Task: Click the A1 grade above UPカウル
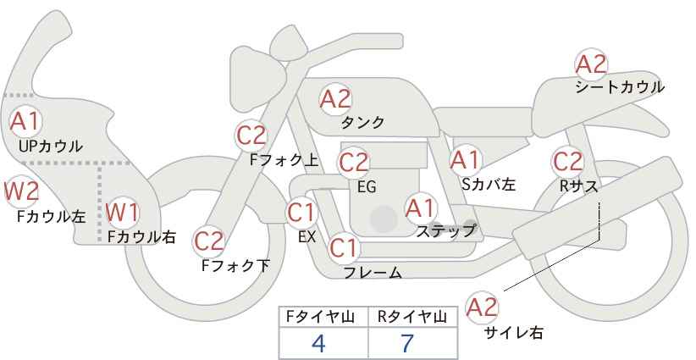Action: tap(25, 120)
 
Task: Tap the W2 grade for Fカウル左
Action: tap(21, 191)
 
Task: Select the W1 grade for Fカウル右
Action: tap(123, 212)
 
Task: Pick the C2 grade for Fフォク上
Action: tap(251, 135)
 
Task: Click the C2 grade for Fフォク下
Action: tap(208, 241)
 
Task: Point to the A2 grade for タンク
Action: tap(335, 98)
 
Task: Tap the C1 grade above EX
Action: tap(301, 212)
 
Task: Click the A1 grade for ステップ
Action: tap(420, 207)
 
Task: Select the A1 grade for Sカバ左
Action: tap(465, 159)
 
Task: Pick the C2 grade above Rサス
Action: tap(567, 160)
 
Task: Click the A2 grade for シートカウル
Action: tap(591, 64)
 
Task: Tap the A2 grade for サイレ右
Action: tap(483, 307)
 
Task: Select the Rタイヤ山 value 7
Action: tap(407, 343)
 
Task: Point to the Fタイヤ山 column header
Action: tap(323, 317)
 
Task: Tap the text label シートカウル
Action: tap(619, 87)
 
